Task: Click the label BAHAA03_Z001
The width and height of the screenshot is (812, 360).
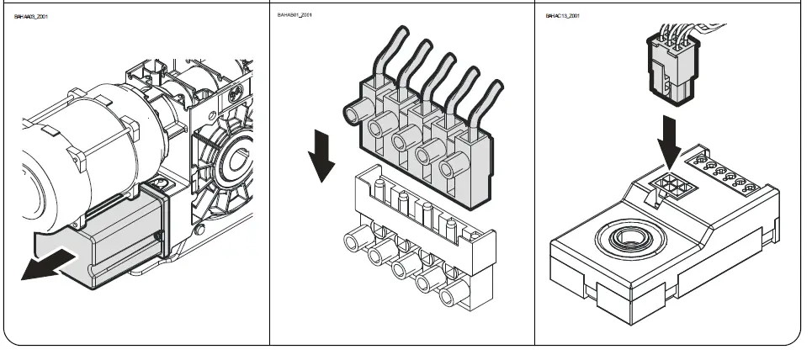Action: tap(31, 16)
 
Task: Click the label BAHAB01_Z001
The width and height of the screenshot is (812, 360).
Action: tap(295, 16)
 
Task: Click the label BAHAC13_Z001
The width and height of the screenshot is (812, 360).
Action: tap(563, 16)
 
